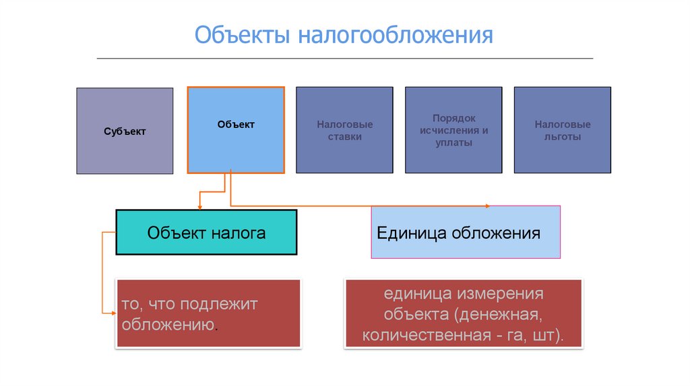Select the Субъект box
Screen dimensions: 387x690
[x=125, y=131]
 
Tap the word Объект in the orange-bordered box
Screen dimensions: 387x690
[x=236, y=124]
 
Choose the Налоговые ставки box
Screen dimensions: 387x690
[x=344, y=130]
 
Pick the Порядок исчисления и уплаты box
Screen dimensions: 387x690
[x=453, y=130]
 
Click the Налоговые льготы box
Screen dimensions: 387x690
[x=563, y=130]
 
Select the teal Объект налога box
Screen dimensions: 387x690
[x=206, y=233]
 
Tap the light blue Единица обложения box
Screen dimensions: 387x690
[x=466, y=233]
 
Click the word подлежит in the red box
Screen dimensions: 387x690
[x=219, y=304]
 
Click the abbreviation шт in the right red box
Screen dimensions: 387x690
[x=548, y=336]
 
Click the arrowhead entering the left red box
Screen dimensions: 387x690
[x=113, y=313]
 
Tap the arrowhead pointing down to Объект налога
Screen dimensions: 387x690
[x=199, y=206]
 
